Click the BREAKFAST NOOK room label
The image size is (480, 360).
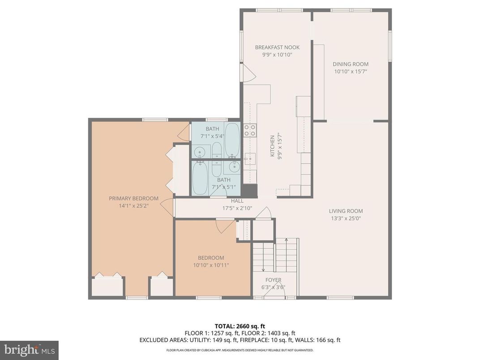[x=277, y=47]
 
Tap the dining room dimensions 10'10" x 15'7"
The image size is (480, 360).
[x=351, y=71]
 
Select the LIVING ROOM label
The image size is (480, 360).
[x=346, y=211]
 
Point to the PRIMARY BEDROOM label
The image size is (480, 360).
[x=133, y=198]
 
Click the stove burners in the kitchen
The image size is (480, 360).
[x=250, y=130]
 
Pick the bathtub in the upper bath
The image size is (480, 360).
[x=232, y=139]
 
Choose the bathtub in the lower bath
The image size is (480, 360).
[x=200, y=177]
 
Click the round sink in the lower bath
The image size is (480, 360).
[x=234, y=167]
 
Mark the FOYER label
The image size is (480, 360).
[x=273, y=280]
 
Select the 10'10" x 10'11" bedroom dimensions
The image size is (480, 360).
[x=211, y=265]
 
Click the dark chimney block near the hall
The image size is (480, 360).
[x=251, y=191]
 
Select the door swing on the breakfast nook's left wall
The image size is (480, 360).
[x=247, y=73]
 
